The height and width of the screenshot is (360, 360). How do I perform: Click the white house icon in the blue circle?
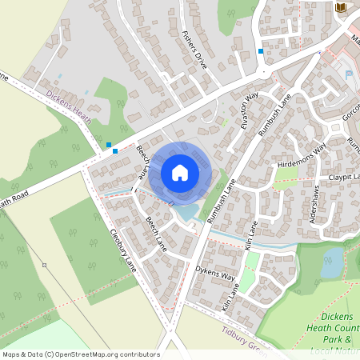click(x=180, y=172)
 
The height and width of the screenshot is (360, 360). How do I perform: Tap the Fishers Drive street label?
click(x=194, y=50)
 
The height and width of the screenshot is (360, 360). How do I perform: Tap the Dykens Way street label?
click(x=217, y=276)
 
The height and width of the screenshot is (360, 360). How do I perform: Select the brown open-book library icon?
click(x=342, y=7)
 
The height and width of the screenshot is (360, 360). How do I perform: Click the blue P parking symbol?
click(x=349, y=74)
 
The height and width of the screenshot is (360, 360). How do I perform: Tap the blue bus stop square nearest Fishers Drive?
click(x=261, y=51)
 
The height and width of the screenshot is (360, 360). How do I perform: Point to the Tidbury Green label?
click(x=244, y=336)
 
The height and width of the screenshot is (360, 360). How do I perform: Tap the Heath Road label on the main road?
click(x=18, y=202)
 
